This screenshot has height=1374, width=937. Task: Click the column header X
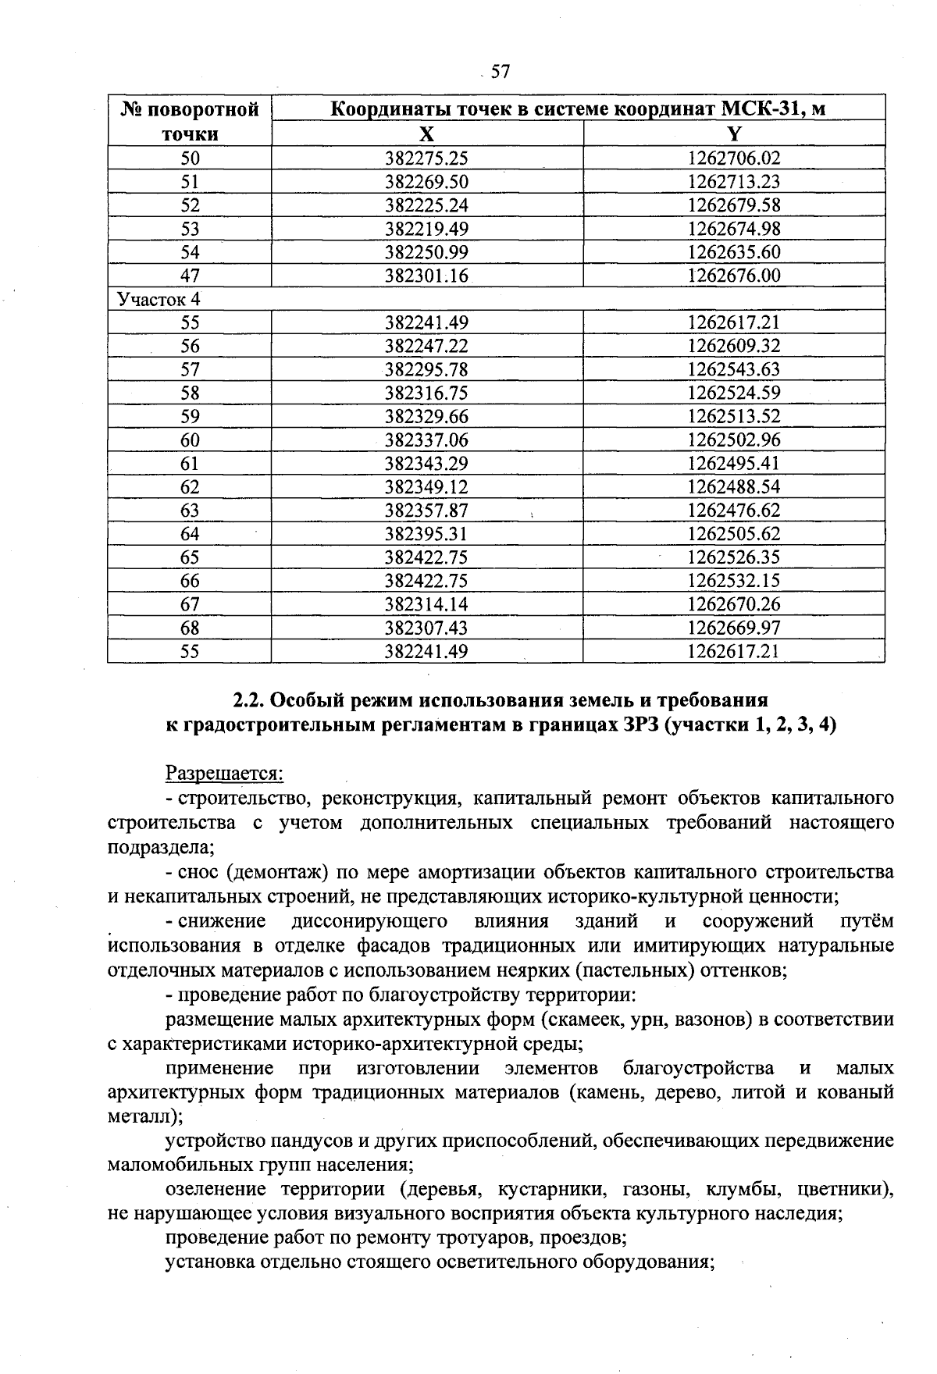click(426, 133)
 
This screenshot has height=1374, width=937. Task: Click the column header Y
click(733, 133)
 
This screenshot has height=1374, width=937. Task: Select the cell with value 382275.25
click(426, 158)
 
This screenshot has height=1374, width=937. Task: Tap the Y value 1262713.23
click(733, 182)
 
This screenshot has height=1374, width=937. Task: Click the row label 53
click(190, 229)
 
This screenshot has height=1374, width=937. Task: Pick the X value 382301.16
click(426, 276)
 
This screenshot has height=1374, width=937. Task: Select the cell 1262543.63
click(733, 369)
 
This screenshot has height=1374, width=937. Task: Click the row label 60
click(190, 440)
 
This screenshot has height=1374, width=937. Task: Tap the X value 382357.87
click(426, 511)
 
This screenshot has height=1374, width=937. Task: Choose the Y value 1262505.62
click(733, 534)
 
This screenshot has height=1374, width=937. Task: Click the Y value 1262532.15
click(733, 581)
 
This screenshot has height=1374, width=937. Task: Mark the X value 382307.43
click(426, 628)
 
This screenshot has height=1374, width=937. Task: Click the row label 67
click(190, 604)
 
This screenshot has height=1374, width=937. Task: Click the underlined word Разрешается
click(225, 774)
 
